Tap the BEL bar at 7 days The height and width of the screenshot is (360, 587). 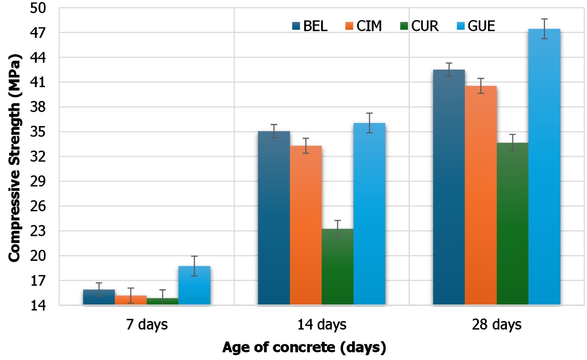[x=99, y=297]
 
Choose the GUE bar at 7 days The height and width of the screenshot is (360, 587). [x=194, y=286]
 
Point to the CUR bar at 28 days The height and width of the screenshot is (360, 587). [x=513, y=224]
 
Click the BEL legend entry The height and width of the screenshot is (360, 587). [x=310, y=26]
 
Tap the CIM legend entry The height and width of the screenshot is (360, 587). [x=364, y=26]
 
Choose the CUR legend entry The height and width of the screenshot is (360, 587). [x=419, y=26]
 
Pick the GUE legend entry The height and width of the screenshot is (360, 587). [x=476, y=26]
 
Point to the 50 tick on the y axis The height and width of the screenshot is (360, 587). [x=38, y=8]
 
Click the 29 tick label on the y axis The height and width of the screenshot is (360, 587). [x=38, y=181]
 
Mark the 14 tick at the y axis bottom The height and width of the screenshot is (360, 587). [x=38, y=305]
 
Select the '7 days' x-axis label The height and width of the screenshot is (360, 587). [x=147, y=325]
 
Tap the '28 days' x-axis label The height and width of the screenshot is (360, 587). [x=496, y=325]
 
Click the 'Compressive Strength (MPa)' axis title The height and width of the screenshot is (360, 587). [x=15, y=158]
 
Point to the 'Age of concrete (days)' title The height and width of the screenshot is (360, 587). [x=304, y=347]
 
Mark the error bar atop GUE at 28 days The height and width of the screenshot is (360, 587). [x=544, y=29]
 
